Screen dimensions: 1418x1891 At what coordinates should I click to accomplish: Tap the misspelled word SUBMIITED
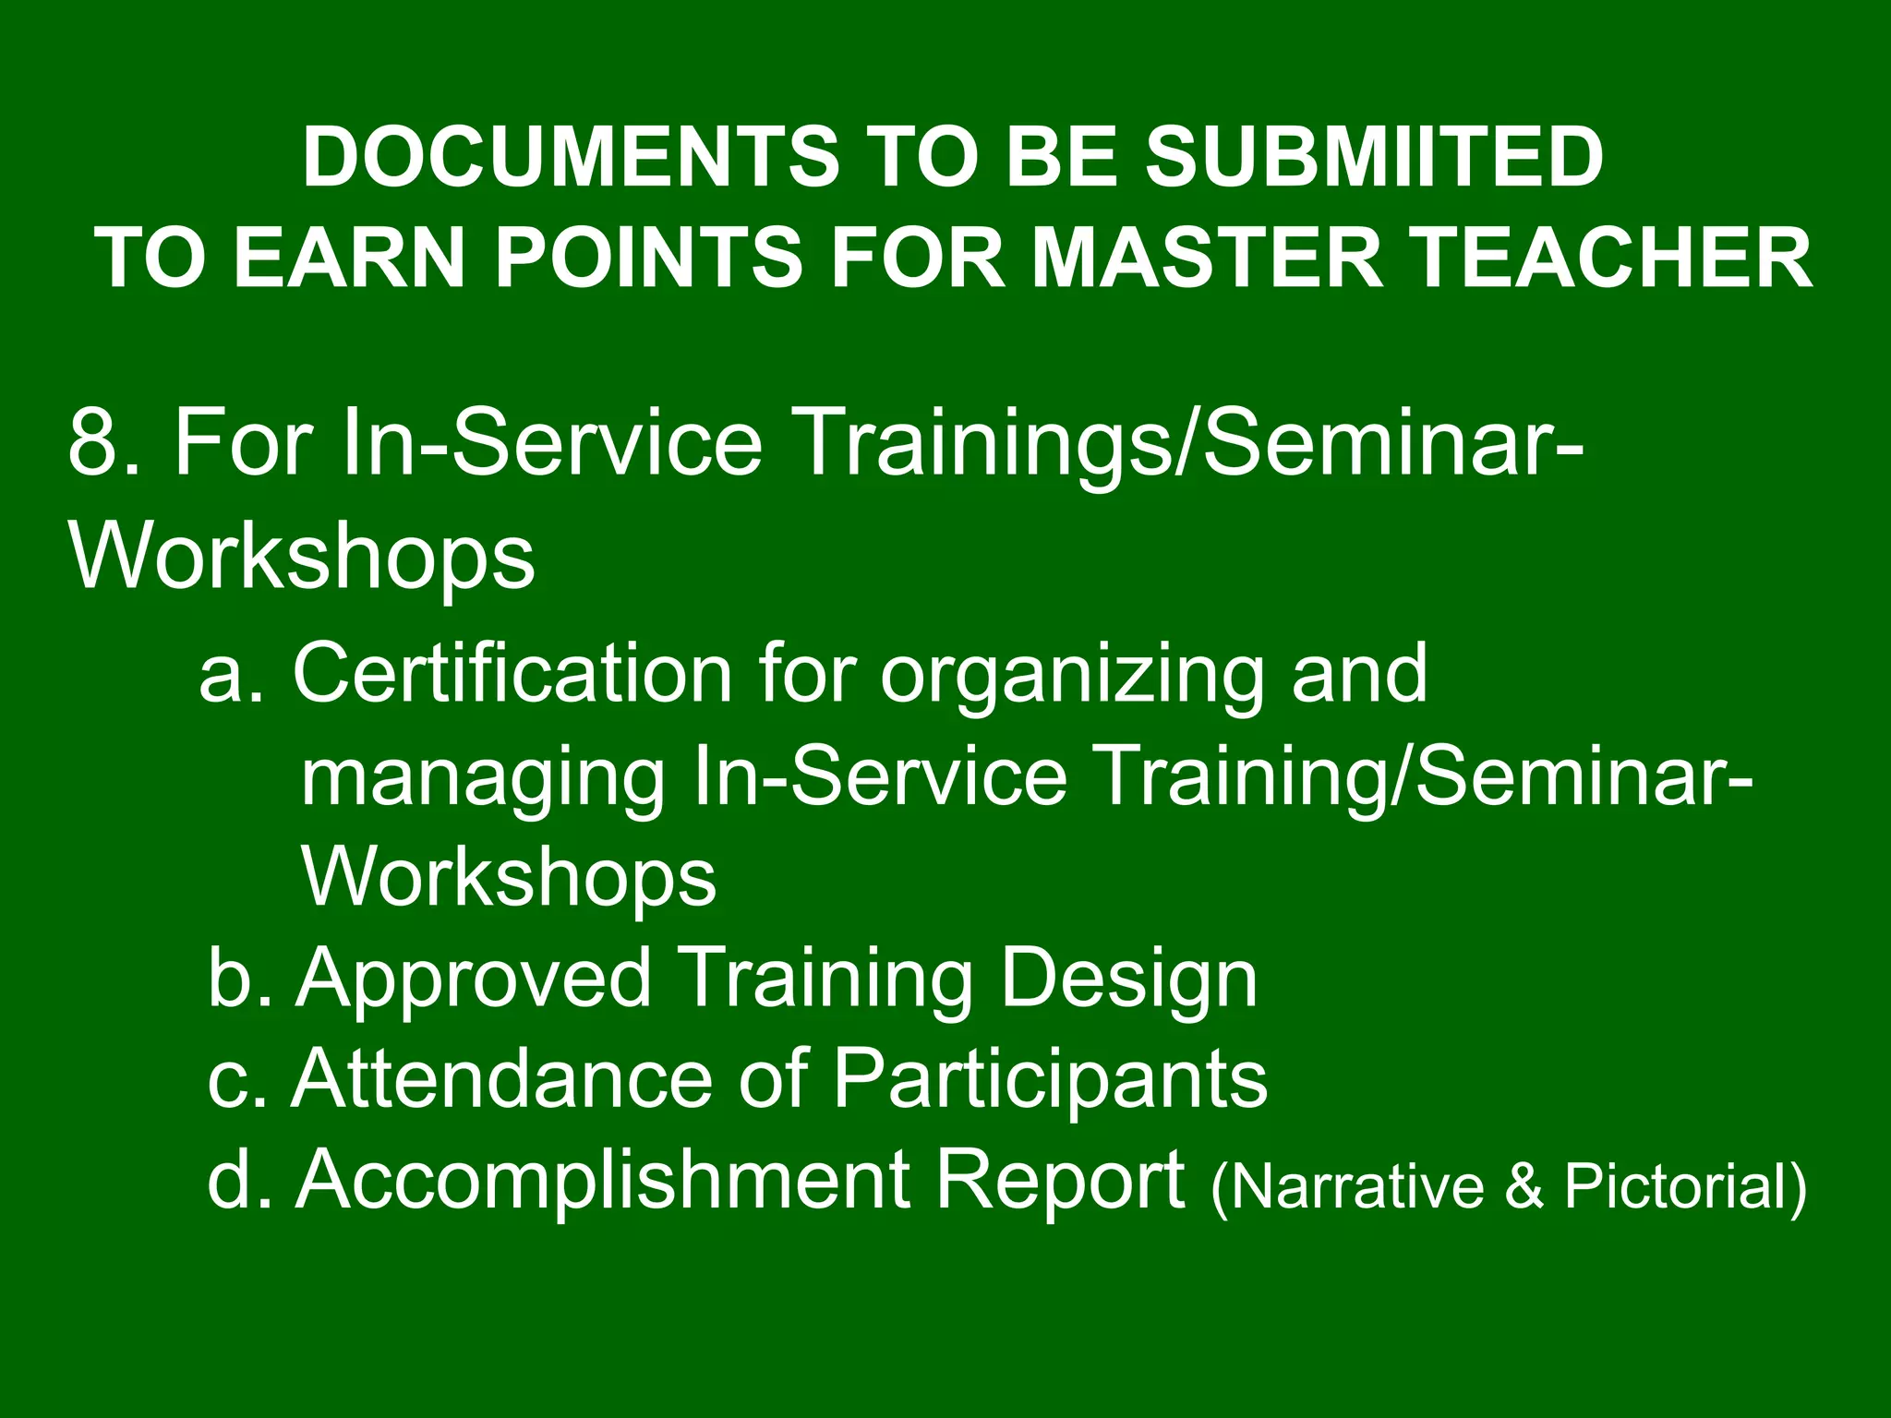[1374, 157]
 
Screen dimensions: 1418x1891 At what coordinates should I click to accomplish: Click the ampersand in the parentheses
[1524, 1187]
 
